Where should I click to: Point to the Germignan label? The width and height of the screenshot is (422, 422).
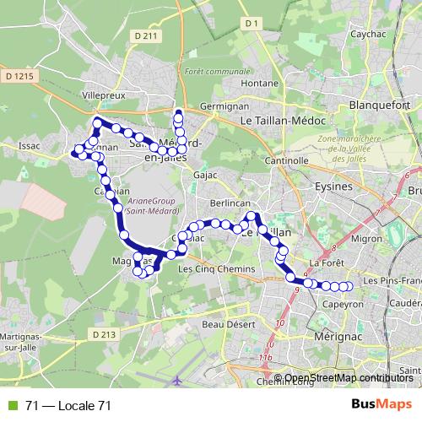tap(224, 108)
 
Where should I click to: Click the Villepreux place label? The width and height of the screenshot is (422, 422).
tap(99, 96)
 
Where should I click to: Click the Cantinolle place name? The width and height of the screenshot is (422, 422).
tap(285, 160)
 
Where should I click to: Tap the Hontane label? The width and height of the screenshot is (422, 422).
tap(259, 84)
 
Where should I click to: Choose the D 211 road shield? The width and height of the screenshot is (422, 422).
tap(146, 35)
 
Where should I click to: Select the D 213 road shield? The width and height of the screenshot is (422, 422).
tap(103, 335)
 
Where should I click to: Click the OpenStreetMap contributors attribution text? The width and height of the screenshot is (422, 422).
tap(348, 378)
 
